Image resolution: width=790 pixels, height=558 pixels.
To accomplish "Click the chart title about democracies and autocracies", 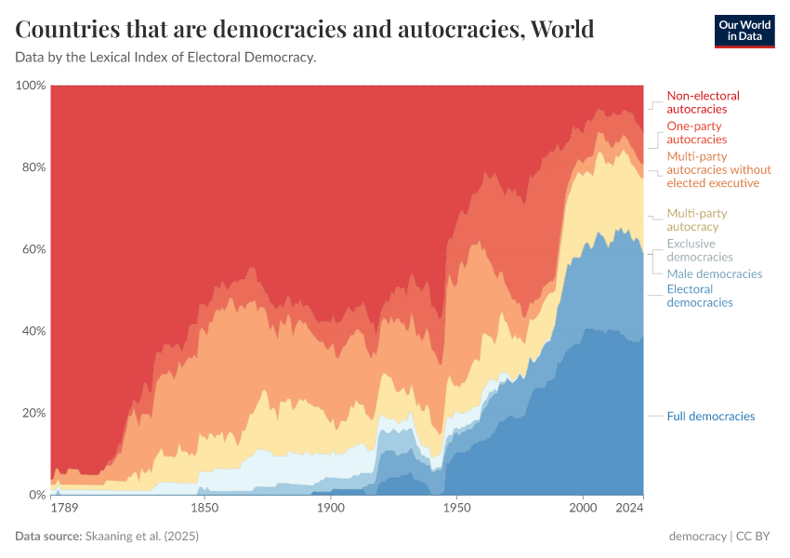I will pos(305,30).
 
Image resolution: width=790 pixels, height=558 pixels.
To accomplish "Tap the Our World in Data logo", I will pos(744,31).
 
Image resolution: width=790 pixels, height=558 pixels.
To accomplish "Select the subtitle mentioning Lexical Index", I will pos(166,58).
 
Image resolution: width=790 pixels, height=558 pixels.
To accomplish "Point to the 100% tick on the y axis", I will pos(31,86).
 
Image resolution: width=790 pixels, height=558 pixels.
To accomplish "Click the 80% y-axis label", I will pos(33,167).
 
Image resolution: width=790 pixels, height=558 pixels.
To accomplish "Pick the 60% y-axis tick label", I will pos(33,249).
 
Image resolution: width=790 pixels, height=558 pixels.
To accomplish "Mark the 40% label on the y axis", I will pos(33,331).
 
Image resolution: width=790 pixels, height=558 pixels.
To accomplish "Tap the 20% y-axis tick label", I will pos(33,413).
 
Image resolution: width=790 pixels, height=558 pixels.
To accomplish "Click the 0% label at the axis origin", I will pos(35,495).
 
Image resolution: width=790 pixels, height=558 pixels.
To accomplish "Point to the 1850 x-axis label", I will pos(204,509).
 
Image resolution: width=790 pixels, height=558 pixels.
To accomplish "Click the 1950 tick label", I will pos(454,509).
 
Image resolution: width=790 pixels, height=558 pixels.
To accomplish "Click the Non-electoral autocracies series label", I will pos(704,102).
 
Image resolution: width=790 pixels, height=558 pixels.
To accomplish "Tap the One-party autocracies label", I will pos(696,133).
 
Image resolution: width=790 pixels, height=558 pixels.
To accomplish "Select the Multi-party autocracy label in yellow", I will pos(696,220).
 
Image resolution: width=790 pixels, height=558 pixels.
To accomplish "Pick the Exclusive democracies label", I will pos(700,250).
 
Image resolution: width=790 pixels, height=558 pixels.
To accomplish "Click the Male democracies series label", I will pos(714,274).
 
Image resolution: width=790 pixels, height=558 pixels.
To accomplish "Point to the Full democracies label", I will pos(710,417).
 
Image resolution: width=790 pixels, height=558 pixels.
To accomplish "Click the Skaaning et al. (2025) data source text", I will pos(142,537).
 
